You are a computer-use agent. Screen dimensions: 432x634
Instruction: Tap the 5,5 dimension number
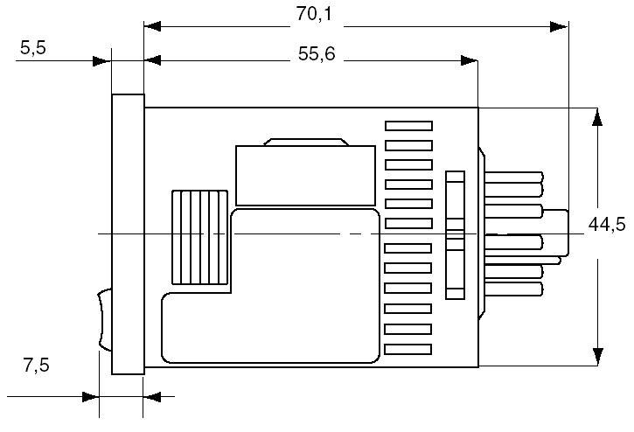(x=32, y=49)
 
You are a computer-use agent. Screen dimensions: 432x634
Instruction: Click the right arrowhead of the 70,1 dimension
(x=558, y=26)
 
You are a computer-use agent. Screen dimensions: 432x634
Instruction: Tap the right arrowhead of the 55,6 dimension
(x=470, y=60)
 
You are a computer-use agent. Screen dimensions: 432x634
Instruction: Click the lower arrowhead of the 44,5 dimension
(x=597, y=355)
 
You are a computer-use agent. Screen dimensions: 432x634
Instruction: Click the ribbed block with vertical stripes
(x=199, y=237)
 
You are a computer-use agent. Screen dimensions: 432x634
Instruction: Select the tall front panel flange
(x=128, y=233)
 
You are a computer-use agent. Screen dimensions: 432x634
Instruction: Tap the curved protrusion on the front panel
(x=105, y=319)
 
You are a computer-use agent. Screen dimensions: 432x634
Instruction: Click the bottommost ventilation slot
(x=408, y=349)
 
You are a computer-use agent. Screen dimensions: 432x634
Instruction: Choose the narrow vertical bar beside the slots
(x=453, y=233)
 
